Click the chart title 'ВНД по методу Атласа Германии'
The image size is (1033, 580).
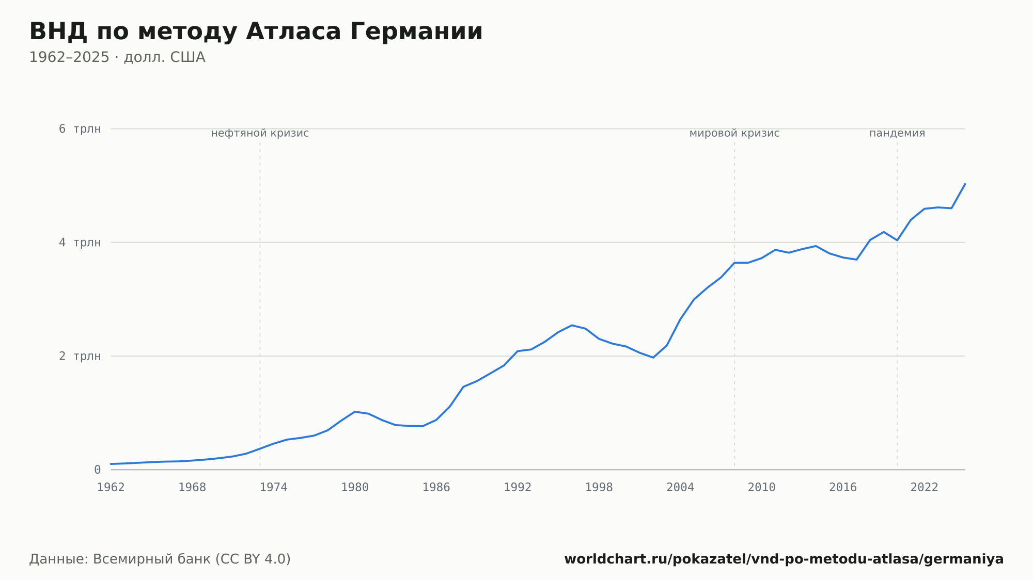pyautogui.click(x=256, y=32)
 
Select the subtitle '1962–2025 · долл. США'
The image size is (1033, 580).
pyautogui.click(x=117, y=57)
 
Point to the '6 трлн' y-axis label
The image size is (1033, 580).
pyautogui.click(x=80, y=129)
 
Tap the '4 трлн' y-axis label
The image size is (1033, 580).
pyautogui.click(x=80, y=243)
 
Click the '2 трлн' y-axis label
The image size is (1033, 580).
pyautogui.click(x=80, y=356)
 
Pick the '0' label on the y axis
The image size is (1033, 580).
pyautogui.click(x=97, y=470)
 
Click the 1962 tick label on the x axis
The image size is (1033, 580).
pyautogui.click(x=111, y=488)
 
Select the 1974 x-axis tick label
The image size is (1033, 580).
pyautogui.click(x=274, y=488)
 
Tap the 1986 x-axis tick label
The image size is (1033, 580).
pyautogui.click(x=436, y=488)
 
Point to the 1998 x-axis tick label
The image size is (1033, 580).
pyautogui.click(x=599, y=488)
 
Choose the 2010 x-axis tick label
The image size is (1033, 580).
pyautogui.click(x=762, y=488)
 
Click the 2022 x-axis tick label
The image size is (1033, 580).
pyautogui.click(x=925, y=488)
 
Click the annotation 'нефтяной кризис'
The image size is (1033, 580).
pyautogui.click(x=260, y=133)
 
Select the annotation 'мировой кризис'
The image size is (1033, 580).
pyautogui.click(x=734, y=133)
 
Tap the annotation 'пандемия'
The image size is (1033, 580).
pyautogui.click(x=897, y=133)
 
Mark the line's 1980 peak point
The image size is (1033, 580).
pyautogui.click(x=355, y=412)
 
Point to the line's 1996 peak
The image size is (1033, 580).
pyautogui.click(x=572, y=325)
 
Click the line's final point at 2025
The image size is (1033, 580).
pyautogui.click(x=965, y=184)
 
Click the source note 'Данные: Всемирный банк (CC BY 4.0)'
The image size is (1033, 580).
pyautogui.click(x=160, y=559)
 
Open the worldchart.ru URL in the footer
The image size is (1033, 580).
pyautogui.click(x=784, y=559)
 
